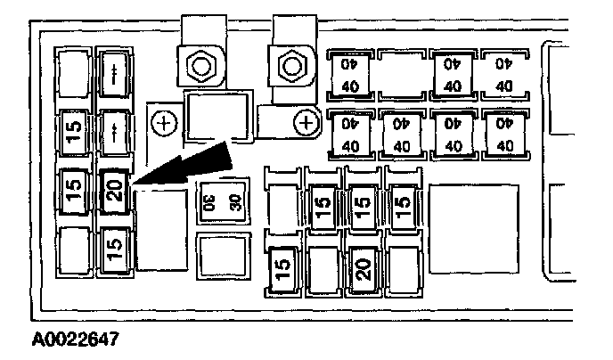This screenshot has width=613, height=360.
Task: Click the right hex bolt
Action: [289, 64]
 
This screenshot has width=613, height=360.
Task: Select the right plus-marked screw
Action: [306, 122]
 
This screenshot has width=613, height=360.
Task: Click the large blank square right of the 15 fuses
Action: [465, 219]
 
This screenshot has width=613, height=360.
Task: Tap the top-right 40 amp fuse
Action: [503, 74]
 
